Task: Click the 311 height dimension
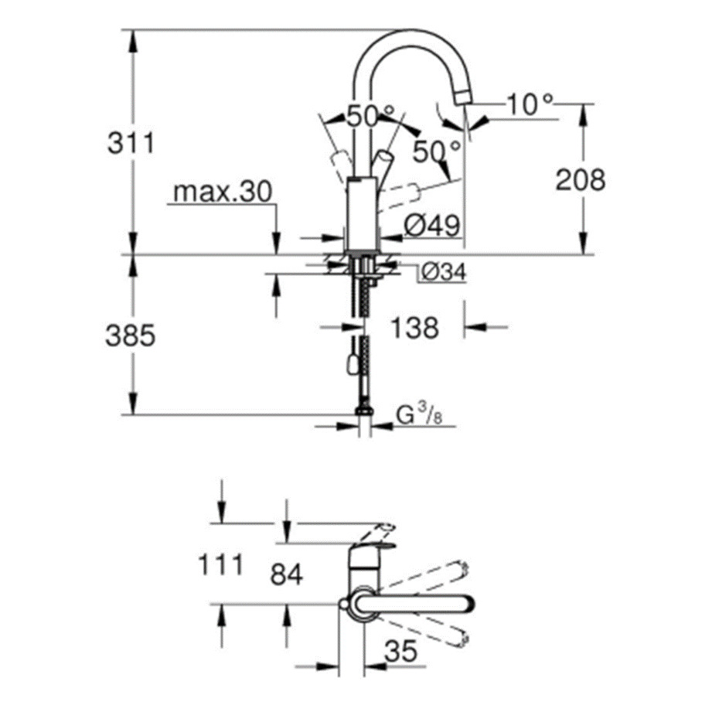coord(131,143)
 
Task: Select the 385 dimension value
coord(131,336)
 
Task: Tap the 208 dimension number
coord(581,179)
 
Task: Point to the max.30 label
coord(223,192)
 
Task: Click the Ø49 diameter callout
coord(431,225)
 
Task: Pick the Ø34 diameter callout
coord(444,272)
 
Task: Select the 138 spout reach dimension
coord(414,328)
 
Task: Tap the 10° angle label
coord(530,104)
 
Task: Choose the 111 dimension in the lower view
coord(221,565)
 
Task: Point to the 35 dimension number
coord(401,652)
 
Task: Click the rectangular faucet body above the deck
coord(362,213)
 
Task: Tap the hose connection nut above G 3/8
coord(365,411)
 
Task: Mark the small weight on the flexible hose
coord(352,365)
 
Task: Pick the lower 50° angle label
coord(437,152)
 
